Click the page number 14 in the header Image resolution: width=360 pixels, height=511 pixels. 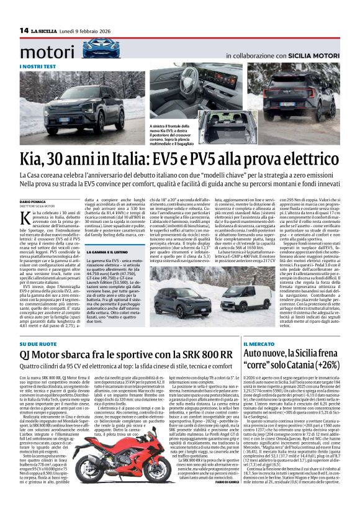[x=24, y=30]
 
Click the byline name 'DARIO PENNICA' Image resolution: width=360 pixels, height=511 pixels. [x=34, y=202]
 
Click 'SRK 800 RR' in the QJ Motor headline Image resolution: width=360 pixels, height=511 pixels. [x=206, y=355]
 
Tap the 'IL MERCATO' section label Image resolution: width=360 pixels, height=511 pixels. [x=259, y=343]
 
